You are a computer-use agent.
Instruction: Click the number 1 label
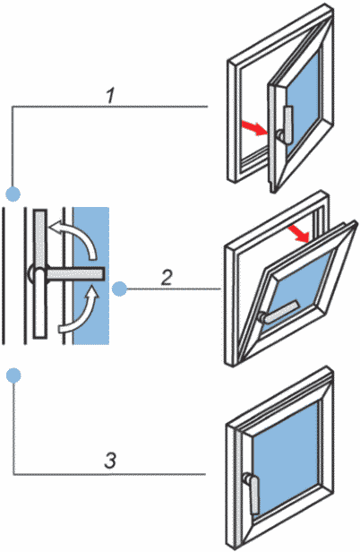click(x=111, y=95)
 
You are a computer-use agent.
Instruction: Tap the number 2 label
click(x=167, y=278)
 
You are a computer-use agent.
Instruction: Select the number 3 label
click(x=110, y=460)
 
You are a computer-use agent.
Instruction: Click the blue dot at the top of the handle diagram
click(x=13, y=194)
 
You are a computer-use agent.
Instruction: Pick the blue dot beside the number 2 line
click(x=119, y=289)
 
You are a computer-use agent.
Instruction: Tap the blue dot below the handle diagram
click(x=13, y=375)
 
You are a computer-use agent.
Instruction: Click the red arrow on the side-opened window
click(x=255, y=128)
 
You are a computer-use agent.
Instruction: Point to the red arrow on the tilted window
click(x=299, y=234)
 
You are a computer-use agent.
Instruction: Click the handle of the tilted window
click(x=279, y=312)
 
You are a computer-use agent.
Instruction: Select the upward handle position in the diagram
click(x=40, y=239)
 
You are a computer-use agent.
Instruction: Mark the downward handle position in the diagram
click(x=39, y=303)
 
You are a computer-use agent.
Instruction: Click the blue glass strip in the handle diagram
click(x=90, y=275)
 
